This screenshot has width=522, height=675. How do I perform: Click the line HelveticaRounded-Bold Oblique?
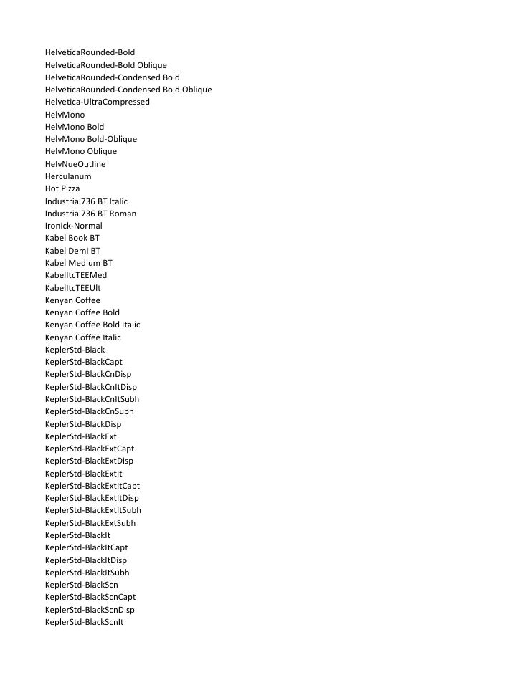point(105,64)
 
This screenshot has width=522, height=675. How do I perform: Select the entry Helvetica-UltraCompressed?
point(97,102)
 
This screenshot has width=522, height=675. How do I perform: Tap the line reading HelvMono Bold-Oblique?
point(90,139)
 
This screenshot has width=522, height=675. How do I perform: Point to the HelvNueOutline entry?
point(75,164)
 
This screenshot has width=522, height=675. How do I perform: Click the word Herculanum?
point(68,176)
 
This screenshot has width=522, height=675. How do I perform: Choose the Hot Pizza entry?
point(62,188)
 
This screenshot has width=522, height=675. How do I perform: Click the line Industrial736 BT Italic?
point(86,201)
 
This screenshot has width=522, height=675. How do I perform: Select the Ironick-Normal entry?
point(73,226)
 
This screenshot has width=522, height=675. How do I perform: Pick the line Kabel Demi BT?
point(72,251)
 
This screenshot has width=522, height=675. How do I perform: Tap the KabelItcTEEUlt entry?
point(72,288)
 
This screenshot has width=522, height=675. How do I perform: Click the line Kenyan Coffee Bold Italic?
point(92,325)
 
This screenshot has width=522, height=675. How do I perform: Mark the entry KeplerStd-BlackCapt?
point(83,362)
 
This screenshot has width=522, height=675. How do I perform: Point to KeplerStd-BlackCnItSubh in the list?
point(90,399)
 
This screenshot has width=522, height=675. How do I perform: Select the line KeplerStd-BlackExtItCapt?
point(92,486)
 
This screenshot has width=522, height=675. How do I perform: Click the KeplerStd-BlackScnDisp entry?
point(90,610)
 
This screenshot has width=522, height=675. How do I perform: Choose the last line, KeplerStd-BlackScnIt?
point(84,622)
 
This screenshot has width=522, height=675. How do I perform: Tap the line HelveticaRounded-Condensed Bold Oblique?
point(128,90)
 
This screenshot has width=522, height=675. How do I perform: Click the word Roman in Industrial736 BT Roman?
point(123,214)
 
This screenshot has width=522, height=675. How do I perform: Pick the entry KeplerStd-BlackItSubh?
point(87,573)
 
